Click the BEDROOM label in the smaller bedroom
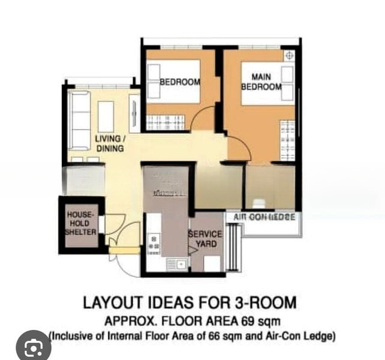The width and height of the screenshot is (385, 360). click(x=179, y=82)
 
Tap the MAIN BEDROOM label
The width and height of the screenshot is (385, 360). click(x=261, y=82)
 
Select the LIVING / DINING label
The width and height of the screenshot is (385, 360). click(x=110, y=143)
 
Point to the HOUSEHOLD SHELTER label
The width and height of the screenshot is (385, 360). click(x=81, y=223)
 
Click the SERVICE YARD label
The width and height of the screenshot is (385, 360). click(x=205, y=239)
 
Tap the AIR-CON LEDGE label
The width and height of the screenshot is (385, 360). click(x=264, y=217)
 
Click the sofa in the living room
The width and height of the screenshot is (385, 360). click(x=79, y=120)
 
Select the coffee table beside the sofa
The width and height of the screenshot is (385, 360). click(x=106, y=116)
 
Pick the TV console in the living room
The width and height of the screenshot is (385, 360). click(x=134, y=113)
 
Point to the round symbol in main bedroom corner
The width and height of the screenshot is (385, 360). click(x=289, y=55)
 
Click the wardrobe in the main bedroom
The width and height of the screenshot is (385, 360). click(x=287, y=140)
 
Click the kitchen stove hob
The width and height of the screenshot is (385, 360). click(x=154, y=242)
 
